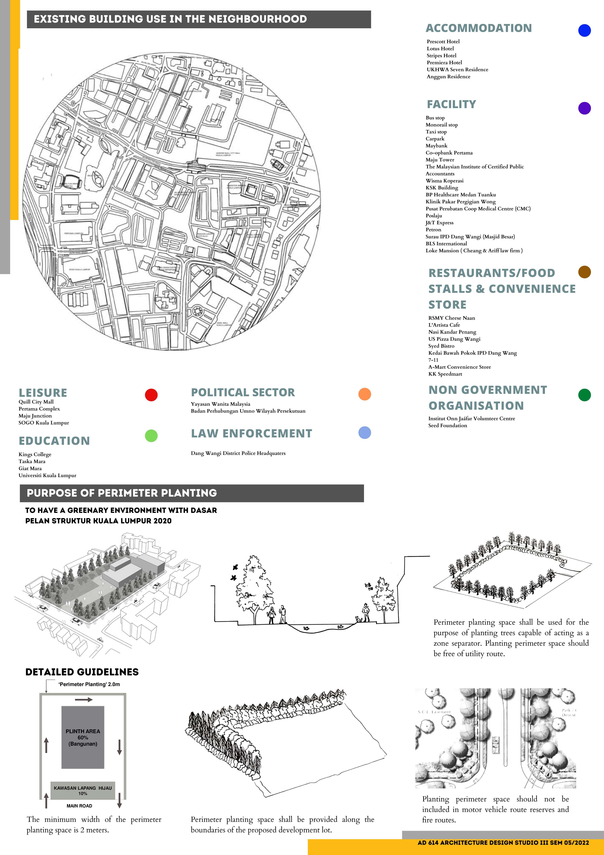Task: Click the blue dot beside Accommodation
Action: [584, 30]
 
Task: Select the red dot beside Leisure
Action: [151, 395]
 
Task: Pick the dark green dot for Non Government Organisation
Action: [584, 395]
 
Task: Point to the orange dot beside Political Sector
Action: [365, 394]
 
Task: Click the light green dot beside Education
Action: [151, 436]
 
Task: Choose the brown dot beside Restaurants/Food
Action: [584, 272]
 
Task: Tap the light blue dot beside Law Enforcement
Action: [365, 433]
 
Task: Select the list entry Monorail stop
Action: [442, 125]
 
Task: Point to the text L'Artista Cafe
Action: [444, 325]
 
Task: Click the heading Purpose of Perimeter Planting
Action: [122, 493]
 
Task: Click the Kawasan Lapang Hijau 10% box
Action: [83, 790]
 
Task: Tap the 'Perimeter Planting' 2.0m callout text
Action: [89, 684]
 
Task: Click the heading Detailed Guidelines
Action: [82, 672]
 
